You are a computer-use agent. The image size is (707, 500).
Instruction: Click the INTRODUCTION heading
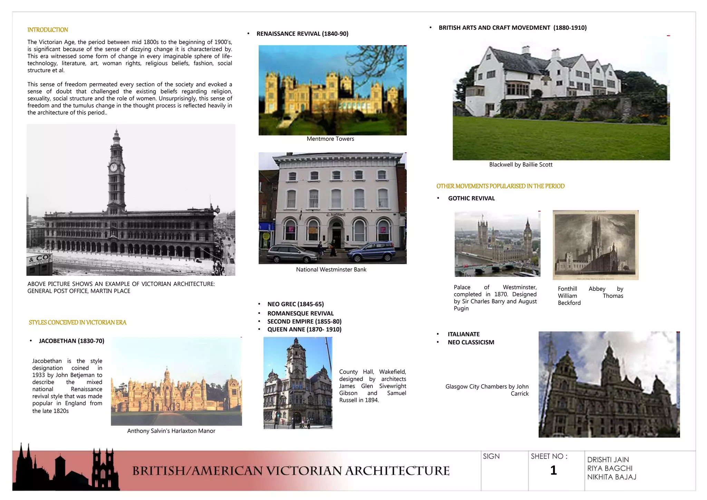point(48,30)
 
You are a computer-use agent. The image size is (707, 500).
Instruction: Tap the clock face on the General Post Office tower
point(113,168)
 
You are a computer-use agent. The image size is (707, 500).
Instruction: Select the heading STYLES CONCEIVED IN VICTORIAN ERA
point(77,323)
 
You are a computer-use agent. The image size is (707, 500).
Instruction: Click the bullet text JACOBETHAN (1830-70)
point(71,341)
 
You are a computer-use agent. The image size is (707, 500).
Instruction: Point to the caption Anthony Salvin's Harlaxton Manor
point(171,431)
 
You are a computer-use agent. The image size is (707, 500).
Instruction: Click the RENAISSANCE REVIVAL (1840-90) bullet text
point(302,33)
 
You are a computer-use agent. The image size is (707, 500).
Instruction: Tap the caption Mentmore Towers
point(330,139)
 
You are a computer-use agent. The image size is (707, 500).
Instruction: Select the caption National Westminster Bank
point(331,269)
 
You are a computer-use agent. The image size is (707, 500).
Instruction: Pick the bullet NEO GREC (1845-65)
point(295,304)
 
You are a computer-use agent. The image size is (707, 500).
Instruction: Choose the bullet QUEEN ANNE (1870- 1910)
point(304,329)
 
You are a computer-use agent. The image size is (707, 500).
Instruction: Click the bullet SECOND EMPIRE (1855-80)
point(304,321)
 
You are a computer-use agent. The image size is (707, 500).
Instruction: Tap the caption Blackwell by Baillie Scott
point(521,165)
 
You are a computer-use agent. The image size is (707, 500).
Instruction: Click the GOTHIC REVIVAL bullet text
point(471,198)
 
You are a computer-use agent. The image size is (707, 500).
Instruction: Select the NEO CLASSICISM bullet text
point(471,342)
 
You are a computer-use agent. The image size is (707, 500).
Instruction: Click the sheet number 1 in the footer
point(553,470)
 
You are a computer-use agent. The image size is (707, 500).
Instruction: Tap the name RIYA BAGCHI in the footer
point(610,468)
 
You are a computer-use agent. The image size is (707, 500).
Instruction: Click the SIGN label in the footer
point(491,456)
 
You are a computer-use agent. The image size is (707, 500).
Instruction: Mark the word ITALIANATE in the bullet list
point(464,334)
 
